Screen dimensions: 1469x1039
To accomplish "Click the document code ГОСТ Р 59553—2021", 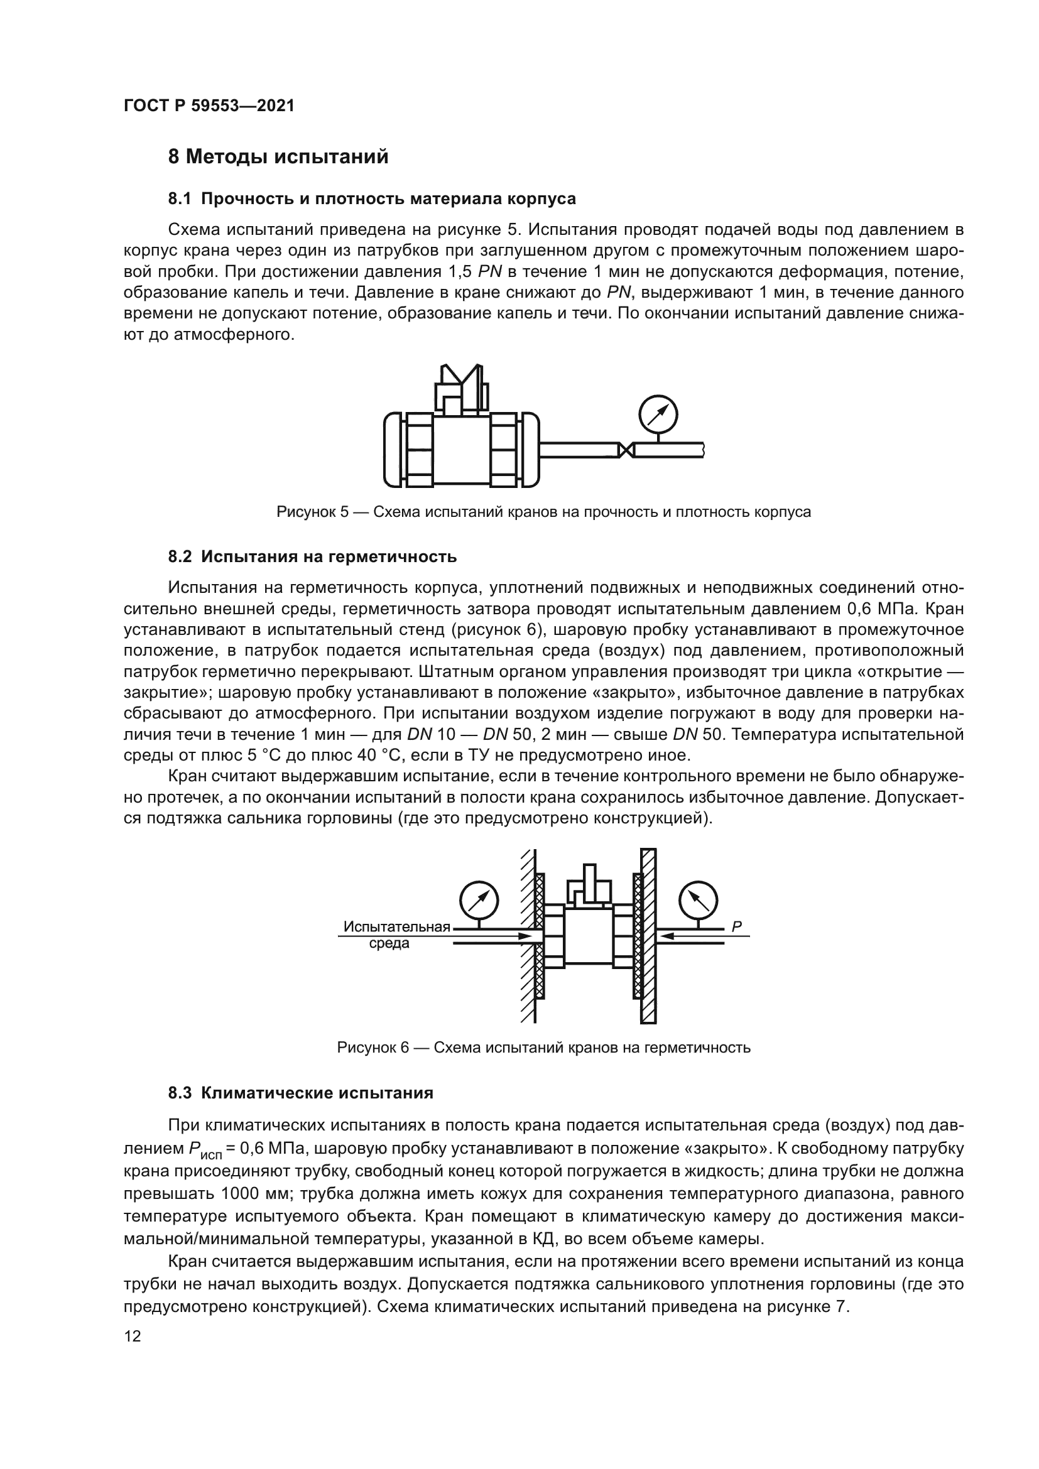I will pyautogui.click(x=209, y=106).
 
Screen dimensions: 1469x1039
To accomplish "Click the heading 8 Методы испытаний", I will pyautogui.click(x=278, y=157).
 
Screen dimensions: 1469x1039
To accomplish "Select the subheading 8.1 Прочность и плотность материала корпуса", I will pyautogui.click(x=372, y=199).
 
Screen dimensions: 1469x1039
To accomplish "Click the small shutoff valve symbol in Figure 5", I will pyautogui.click(x=626, y=450).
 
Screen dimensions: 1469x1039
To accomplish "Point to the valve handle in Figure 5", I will pyautogui.click(x=462, y=387).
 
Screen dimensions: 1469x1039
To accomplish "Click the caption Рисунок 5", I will pyautogui.click(x=543, y=512).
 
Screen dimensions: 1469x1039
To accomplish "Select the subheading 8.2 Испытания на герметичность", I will pyautogui.click(x=312, y=556).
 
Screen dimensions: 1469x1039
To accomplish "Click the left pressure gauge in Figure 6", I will pyautogui.click(x=479, y=902).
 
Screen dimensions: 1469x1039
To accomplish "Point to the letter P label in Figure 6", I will pyautogui.click(x=736, y=926).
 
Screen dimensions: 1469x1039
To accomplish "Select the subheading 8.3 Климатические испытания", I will pyautogui.click(x=301, y=1093).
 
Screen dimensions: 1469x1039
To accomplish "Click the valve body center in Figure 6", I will pyautogui.click(x=589, y=938).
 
